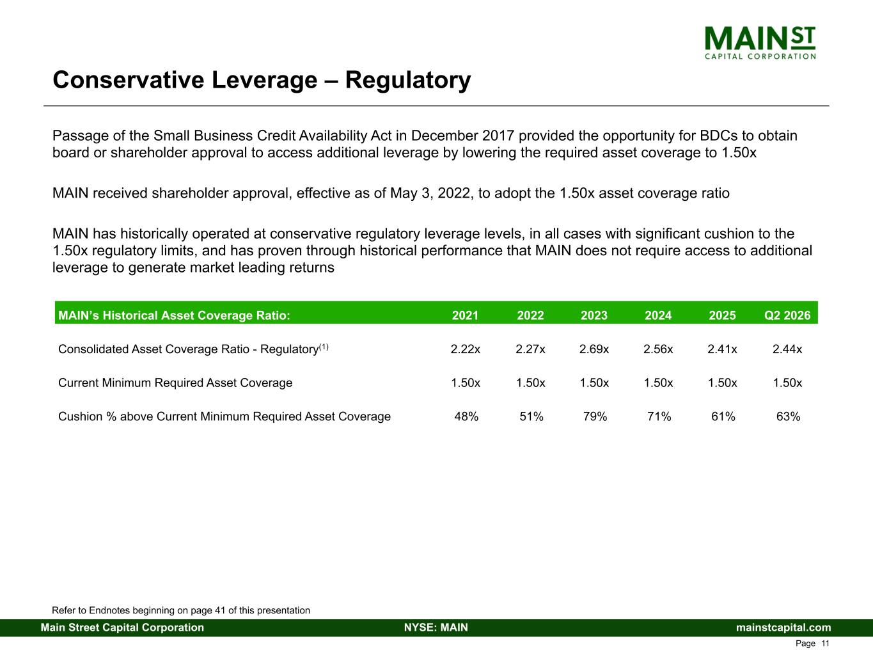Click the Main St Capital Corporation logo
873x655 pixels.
point(760,43)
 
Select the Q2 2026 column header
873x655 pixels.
point(787,315)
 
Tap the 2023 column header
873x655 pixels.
point(594,315)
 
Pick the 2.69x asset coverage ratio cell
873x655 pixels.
point(594,349)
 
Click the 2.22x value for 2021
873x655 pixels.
point(466,349)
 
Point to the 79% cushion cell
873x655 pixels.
point(595,416)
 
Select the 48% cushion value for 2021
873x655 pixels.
point(466,416)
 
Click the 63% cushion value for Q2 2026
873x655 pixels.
point(788,416)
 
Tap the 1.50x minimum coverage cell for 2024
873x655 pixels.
point(658,383)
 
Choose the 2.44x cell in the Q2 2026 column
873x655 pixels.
point(787,349)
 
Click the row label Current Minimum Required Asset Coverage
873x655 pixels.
point(175,383)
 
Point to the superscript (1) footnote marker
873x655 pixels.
point(324,347)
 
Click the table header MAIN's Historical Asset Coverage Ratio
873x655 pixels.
point(174,315)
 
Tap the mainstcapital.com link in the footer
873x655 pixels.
point(783,627)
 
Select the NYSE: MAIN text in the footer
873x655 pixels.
point(436,627)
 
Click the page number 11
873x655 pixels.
point(825,643)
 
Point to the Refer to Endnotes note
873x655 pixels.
point(181,610)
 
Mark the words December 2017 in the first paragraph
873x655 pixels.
point(462,136)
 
